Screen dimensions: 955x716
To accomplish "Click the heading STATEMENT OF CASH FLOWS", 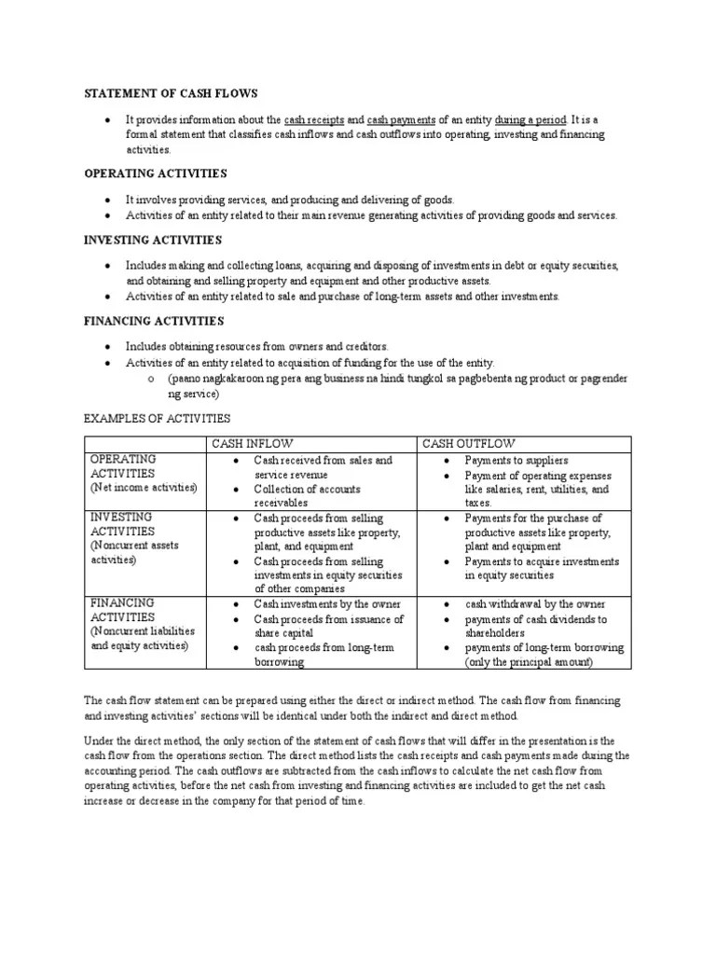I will tap(171, 94).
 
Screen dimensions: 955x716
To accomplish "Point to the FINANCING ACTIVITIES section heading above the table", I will tap(154, 321).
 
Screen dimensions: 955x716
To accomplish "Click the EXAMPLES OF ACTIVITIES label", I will tap(157, 418).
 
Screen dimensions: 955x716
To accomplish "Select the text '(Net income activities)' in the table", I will tap(144, 488).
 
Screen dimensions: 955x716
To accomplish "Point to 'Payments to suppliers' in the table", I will tap(516, 461).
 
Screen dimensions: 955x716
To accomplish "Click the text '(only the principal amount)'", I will tap(529, 662).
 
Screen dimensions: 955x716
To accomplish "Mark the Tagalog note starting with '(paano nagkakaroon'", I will tap(396, 385).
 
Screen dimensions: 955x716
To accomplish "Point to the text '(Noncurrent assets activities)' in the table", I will tap(133, 553).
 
